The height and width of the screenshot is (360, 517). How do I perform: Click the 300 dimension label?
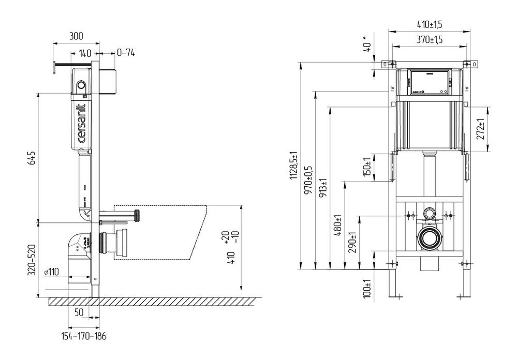click(77, 36)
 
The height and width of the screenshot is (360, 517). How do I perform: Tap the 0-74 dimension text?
click(126, 53)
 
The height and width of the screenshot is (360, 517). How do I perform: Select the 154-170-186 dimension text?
click(83, 337)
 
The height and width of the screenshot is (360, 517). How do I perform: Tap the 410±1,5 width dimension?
click(430, 24)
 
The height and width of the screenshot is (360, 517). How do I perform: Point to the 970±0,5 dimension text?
click(309, 179)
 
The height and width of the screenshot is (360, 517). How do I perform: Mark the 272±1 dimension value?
click(481, 129)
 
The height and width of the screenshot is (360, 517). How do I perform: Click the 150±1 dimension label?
click(367, 167)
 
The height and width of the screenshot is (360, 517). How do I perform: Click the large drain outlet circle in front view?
click(429, 238)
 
